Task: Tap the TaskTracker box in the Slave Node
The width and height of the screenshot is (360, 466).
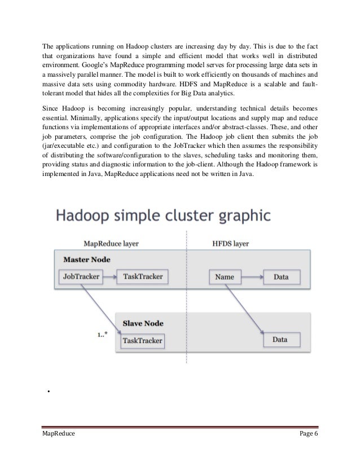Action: (x=142, y=340)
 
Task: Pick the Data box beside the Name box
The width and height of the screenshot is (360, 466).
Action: (x=280, y=277)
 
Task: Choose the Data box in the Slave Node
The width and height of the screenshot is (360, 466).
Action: (x=280, y=340)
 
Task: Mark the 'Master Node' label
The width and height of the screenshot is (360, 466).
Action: (x=87, y=260)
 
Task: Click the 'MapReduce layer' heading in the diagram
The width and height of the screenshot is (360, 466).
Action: (x=111, y=243)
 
